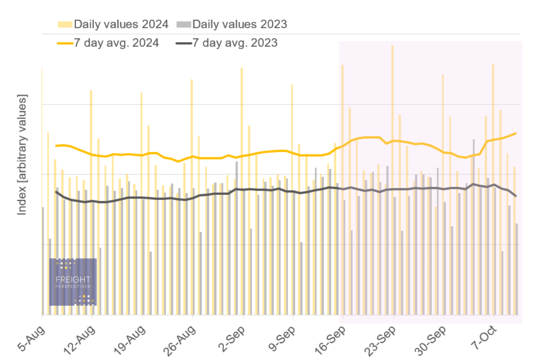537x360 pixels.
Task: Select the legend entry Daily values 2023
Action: point(239,24)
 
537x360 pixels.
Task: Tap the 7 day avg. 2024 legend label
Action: point(116,43)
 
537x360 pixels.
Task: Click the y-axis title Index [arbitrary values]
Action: point(22,154)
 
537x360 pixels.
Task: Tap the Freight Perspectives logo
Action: point(73,282)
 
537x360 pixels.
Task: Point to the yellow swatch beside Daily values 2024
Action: point(65,24)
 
